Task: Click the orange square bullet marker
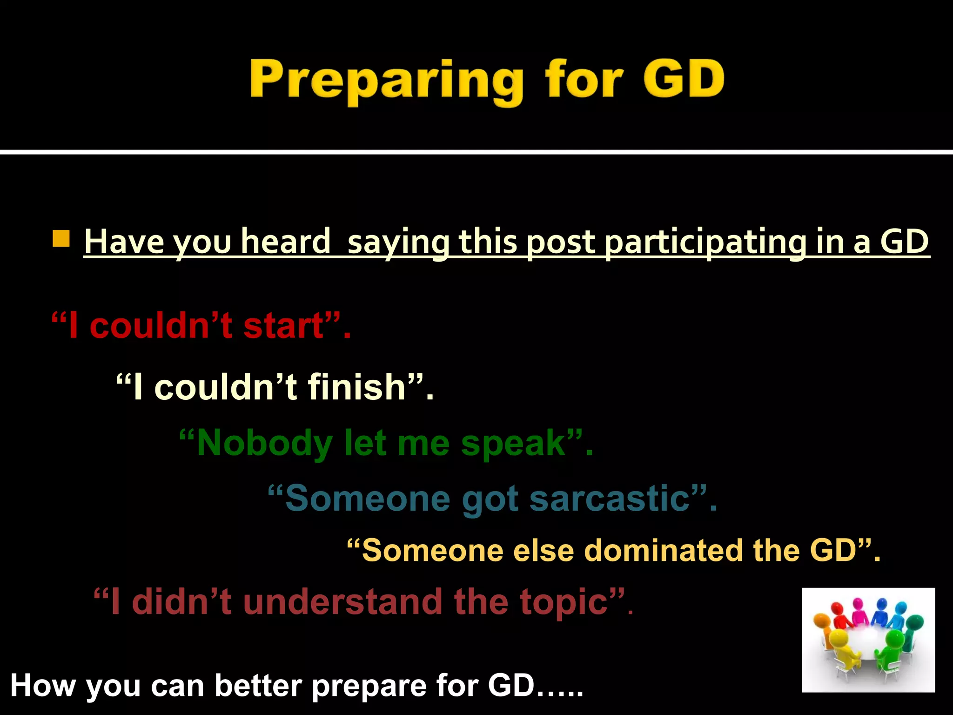pyautogui.click(x=61, y=238)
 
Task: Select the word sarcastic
pyautogui.click(x=610, y=498)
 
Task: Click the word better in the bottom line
pyautogui.click(x=259, y=686)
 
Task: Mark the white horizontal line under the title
pyautogui.click(x=476, y=152)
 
